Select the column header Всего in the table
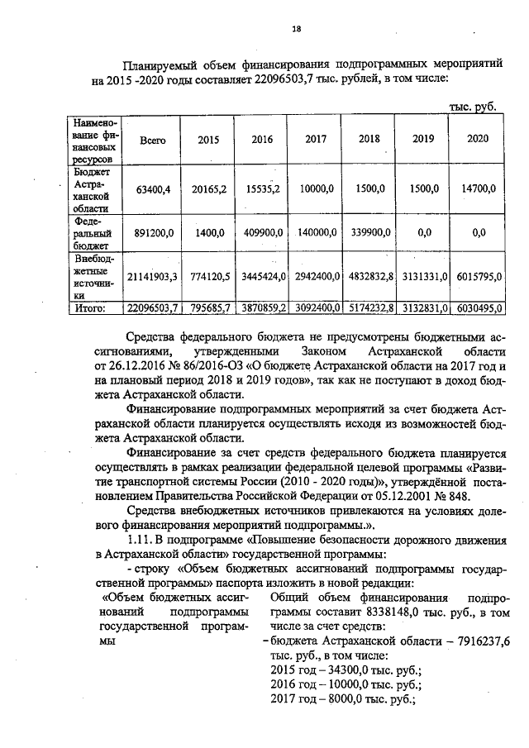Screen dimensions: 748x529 (153, 140)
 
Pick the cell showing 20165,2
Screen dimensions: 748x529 (209, 189)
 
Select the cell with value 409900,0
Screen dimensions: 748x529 (262, 234)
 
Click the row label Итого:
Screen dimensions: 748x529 (89, 308)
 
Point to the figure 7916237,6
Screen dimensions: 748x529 (479, 640)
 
